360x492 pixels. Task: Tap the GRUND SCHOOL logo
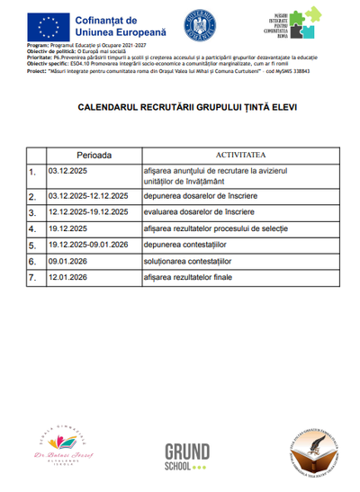coord(187,455)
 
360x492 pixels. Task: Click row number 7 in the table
coord(32,278)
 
